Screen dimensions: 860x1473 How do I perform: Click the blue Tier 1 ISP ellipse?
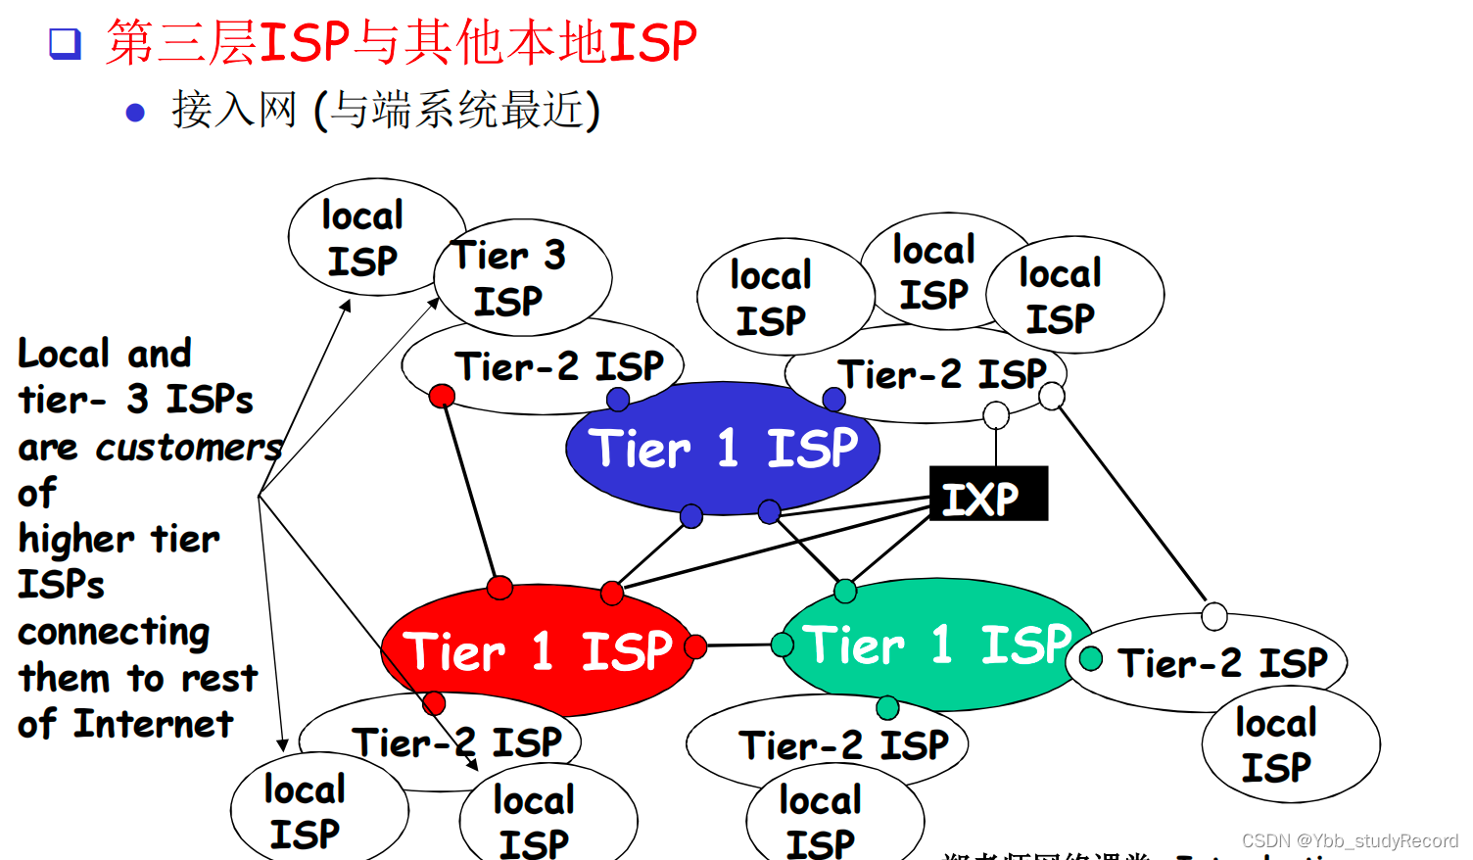click(722, 449)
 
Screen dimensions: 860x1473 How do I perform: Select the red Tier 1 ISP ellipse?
click(537, 650)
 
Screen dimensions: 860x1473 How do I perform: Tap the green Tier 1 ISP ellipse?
click(935, 645)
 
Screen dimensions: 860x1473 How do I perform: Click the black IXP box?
click(987, 494)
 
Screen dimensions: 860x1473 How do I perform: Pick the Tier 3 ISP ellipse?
click(522, 277)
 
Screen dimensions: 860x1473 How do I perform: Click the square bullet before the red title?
click(65, 43)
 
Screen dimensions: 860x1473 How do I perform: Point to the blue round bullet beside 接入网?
click(135, 113)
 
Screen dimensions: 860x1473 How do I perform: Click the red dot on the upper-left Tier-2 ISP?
click(442, 396)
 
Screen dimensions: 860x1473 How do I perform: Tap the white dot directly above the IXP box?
click(996, 415)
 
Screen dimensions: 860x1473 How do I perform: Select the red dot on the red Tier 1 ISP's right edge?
click(695, 646)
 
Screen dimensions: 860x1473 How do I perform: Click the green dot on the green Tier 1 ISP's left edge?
click(783, 645)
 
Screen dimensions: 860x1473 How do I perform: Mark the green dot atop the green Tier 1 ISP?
click(845, 591)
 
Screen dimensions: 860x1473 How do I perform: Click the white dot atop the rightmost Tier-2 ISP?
click(1214, 616)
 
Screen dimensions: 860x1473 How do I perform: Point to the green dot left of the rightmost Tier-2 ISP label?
click(1091, 658)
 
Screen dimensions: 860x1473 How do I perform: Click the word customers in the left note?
click(188, 448)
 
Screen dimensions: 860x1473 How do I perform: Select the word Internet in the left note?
click(154, 725)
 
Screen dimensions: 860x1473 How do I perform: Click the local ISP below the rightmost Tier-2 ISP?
click(1290, 745)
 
